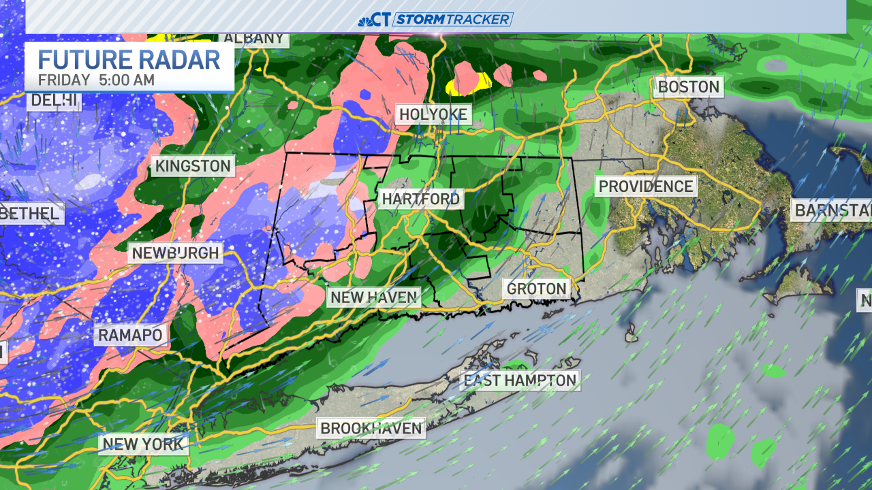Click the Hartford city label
pos(421,199)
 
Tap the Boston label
pos(688,87)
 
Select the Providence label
pos(645,186)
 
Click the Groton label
pos(537,289)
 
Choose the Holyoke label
pos(433,114)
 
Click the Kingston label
pos(193,166)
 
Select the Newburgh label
pos(175,253)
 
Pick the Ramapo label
pos(130,335)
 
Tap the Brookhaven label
pos(372,429)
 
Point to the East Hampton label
pos(520,380)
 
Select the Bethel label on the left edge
pos(31,214)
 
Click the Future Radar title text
pos(129,59)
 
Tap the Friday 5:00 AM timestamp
pos(96,80)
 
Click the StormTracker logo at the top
pos(436,19)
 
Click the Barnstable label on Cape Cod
pos(832,210)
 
